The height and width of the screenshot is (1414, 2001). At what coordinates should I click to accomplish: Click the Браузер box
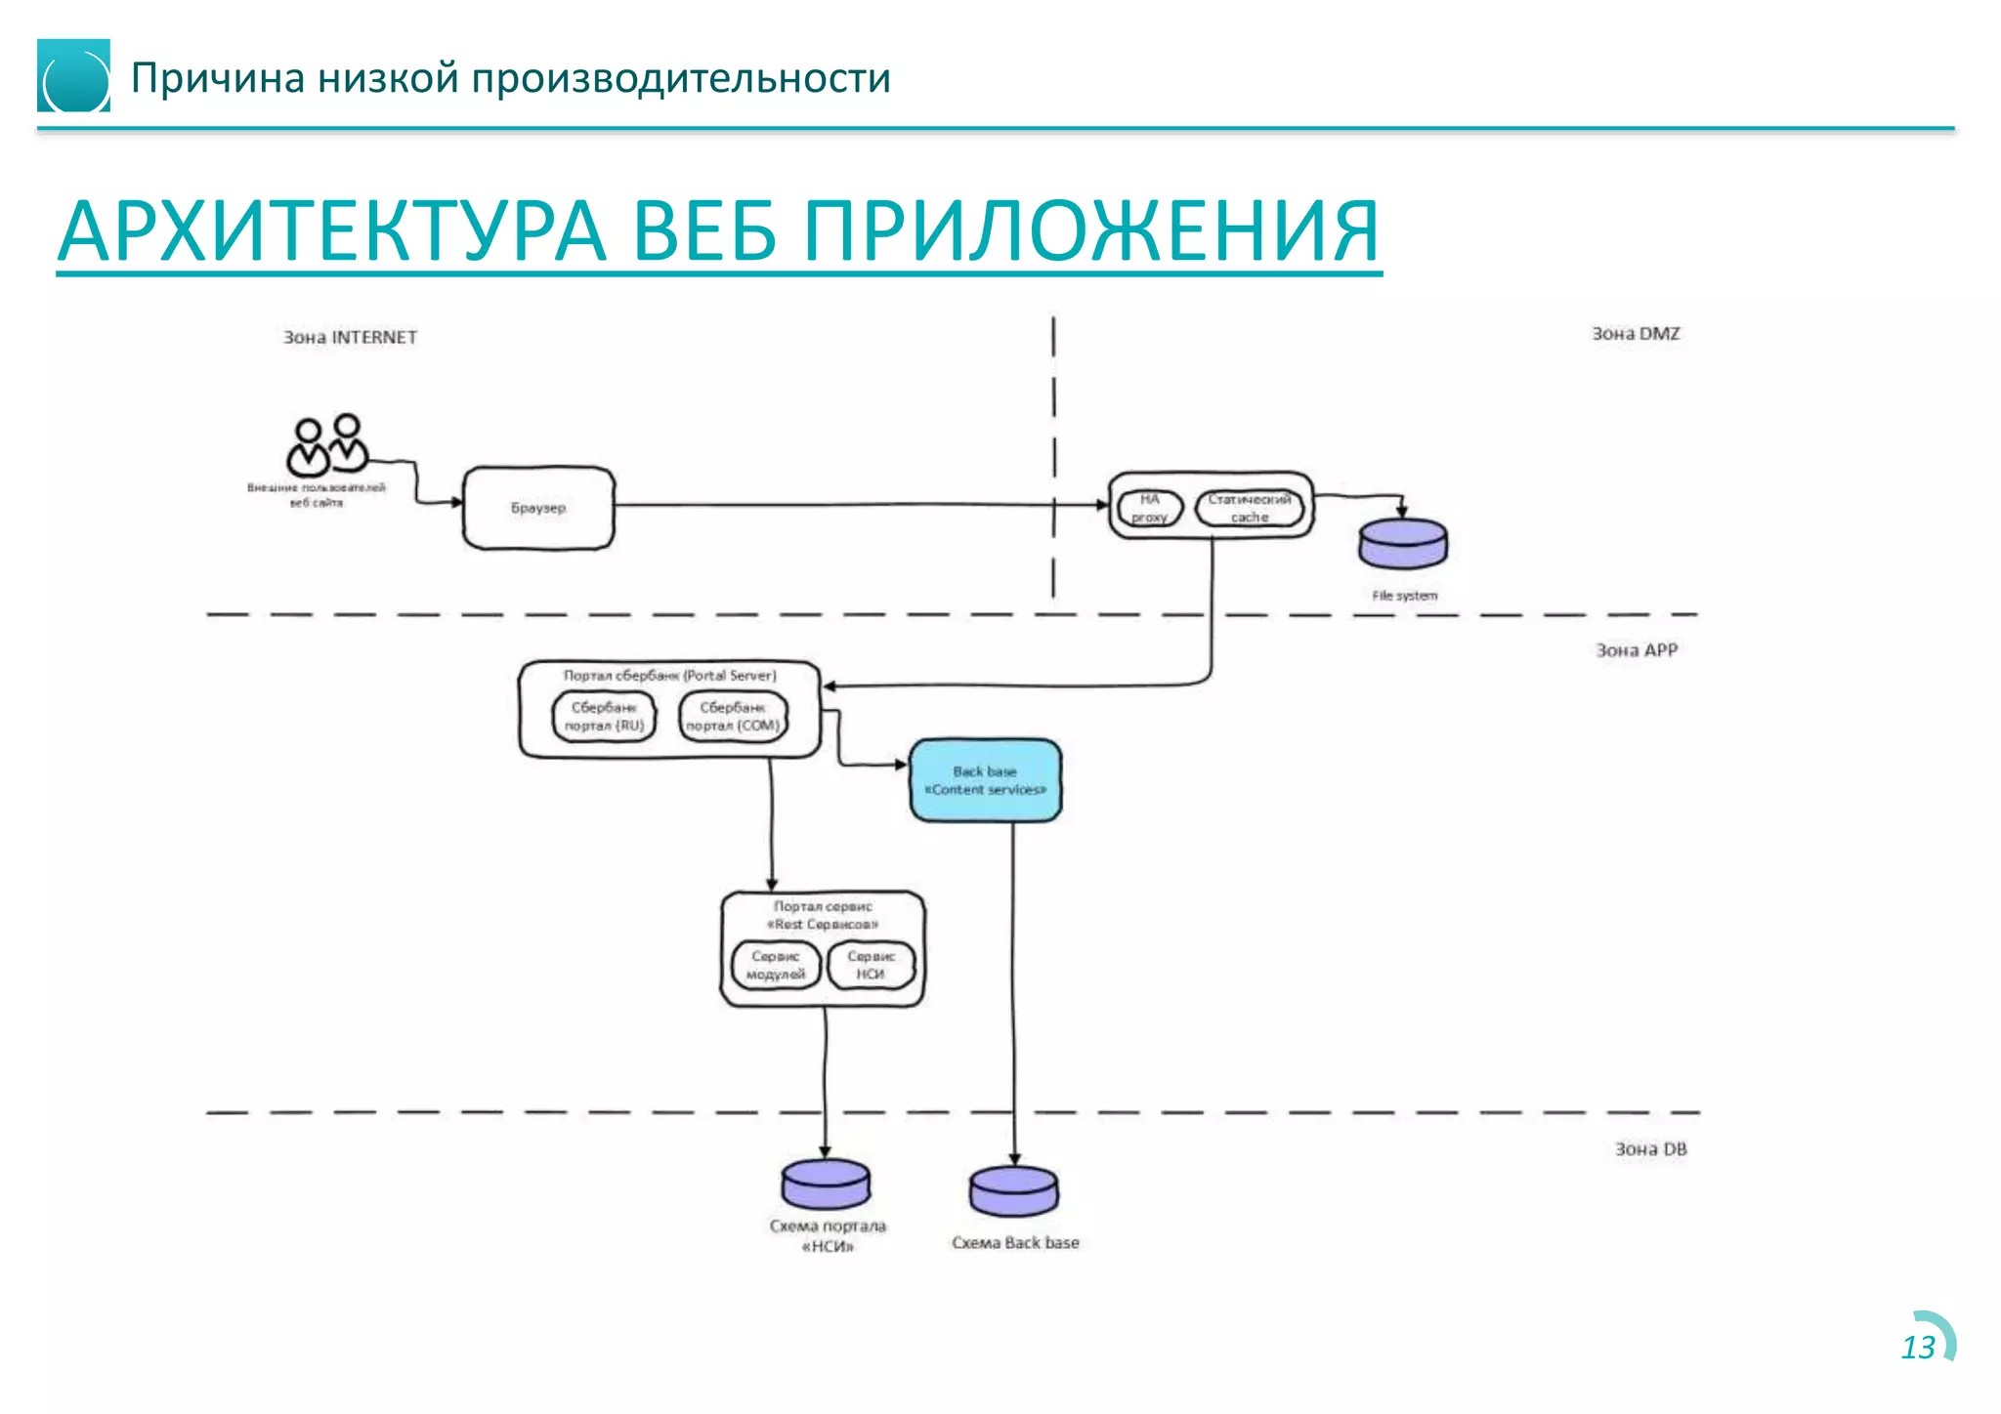point(538,508)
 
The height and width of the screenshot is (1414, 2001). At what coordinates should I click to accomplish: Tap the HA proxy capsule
point(1150,508)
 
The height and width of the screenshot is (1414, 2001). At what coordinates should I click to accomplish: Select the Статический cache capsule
point(1250,508)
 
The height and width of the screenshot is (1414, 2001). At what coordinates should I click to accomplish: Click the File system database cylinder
point(1403,544)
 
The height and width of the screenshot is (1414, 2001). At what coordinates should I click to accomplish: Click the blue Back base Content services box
point(985,780)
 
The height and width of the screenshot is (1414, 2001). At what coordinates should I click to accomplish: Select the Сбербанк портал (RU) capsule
point(605,717)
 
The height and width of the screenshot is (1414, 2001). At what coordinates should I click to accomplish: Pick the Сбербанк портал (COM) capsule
point(733,717)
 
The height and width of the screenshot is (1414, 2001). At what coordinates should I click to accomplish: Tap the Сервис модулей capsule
point(776,965)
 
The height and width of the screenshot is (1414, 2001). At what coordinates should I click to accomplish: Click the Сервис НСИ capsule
point(871,965)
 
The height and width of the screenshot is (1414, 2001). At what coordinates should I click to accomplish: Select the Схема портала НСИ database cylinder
point(826,1185)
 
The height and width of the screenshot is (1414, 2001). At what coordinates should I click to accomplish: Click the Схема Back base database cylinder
point(1013,1192)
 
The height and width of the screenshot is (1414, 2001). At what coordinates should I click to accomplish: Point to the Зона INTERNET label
point(350,337)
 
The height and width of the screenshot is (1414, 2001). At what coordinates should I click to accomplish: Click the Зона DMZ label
point(1636,334)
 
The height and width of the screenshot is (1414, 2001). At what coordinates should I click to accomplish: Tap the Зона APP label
point(1637,650)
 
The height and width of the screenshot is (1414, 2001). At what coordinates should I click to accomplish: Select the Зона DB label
point(1650,1149)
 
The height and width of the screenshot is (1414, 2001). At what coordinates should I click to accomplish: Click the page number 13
point(1918,1348)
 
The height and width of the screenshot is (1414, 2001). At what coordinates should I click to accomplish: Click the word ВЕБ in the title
point(703,232)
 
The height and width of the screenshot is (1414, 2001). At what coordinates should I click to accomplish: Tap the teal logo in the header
point(73,76)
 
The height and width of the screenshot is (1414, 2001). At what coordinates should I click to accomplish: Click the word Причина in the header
point(218,78)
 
